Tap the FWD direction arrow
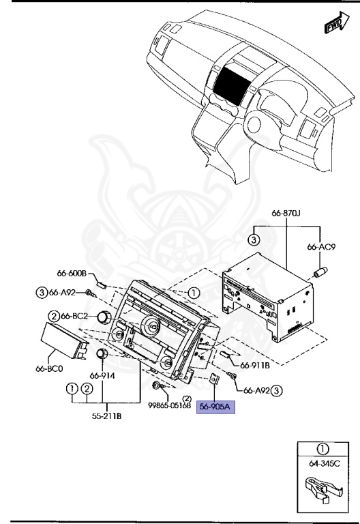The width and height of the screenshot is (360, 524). [x=333, y=25]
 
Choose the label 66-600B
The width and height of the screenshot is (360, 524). [x=72, y=274]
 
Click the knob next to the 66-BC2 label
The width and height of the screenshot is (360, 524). [x=104, y=317]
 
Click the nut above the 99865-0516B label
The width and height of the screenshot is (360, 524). [x=158, y=386]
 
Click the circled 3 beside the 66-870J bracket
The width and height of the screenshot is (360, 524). [x=252, y=239]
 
